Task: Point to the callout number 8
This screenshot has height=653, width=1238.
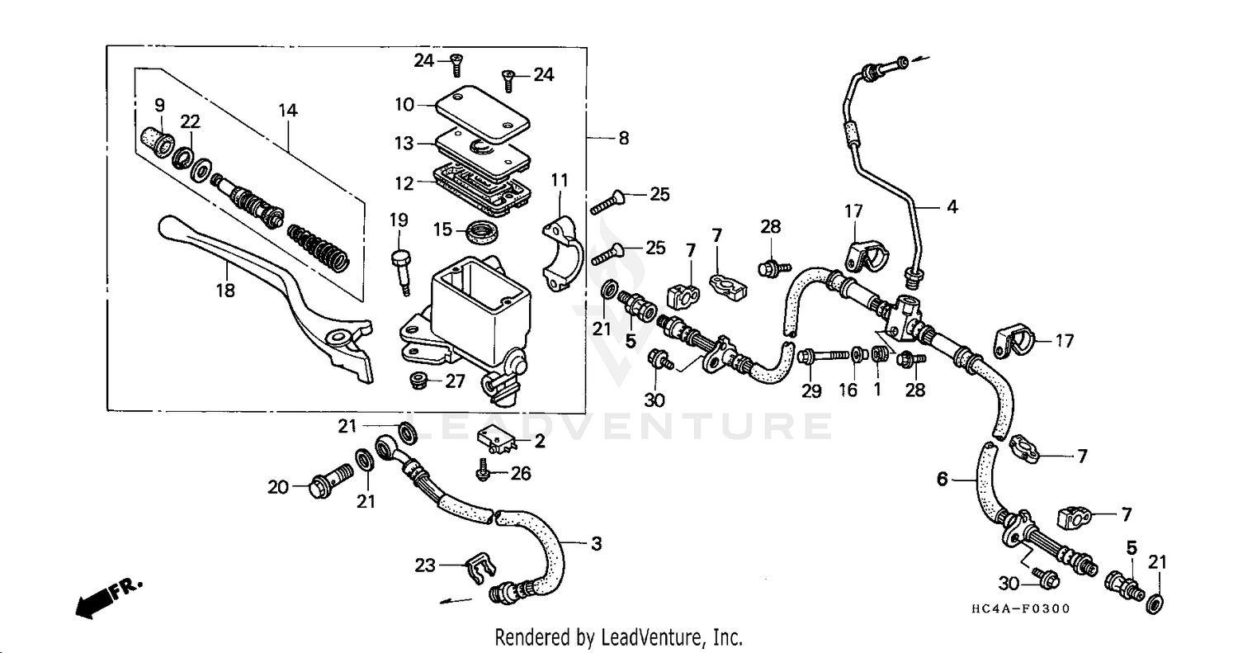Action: click(623, 139)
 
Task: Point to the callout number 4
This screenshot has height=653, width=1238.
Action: click(952, 207)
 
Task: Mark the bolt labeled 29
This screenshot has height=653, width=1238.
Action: click(821, 357)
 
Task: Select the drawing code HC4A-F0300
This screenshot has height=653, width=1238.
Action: click(1020, 609)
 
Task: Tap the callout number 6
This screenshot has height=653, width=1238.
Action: click(942, 478)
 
